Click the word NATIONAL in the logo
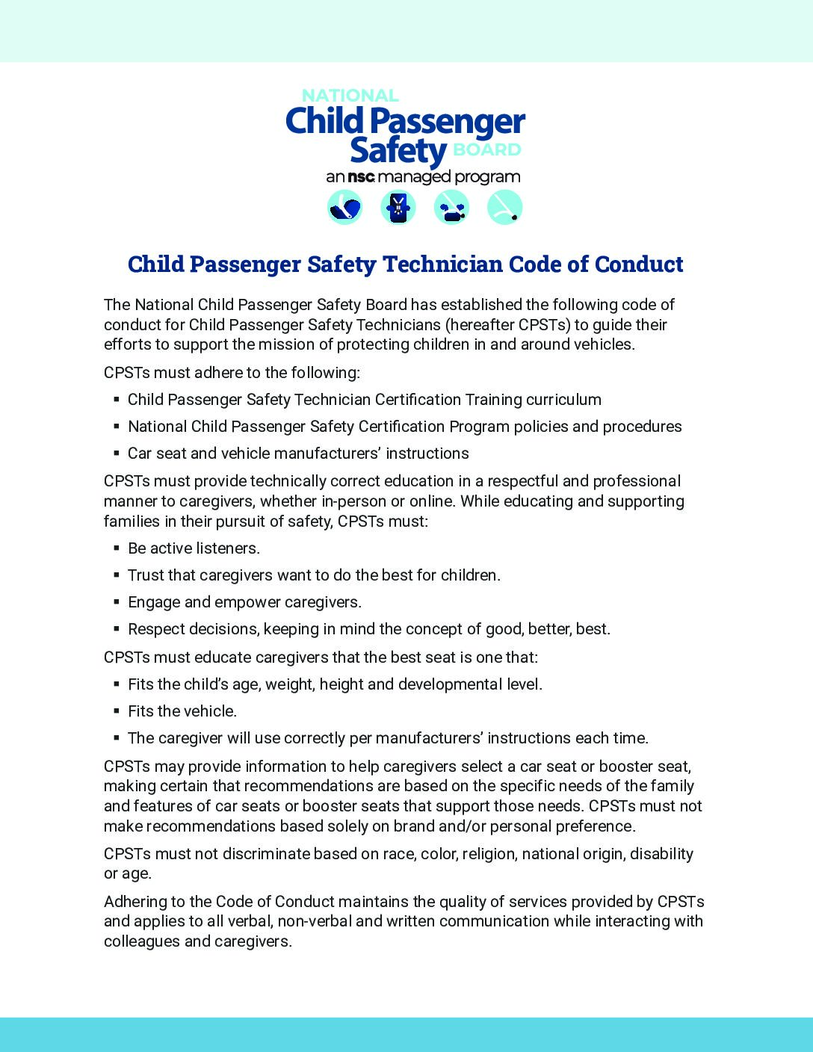pyautogui.click(x=350, y=96)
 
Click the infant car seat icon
pyautogui.click(x=344, y=207)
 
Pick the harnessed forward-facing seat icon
pyautogui.click(x=398, y=207)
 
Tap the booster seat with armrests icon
pyautogui.click(x=451, y=207)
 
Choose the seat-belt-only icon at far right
pyautogui.click(x=504, y=207)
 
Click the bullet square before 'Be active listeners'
pyautogui.click(x=117, y=548)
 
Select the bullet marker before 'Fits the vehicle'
pyautogui.click(x=117, y=711)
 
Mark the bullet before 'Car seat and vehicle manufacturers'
pyautogui.click(x=117, y=454)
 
